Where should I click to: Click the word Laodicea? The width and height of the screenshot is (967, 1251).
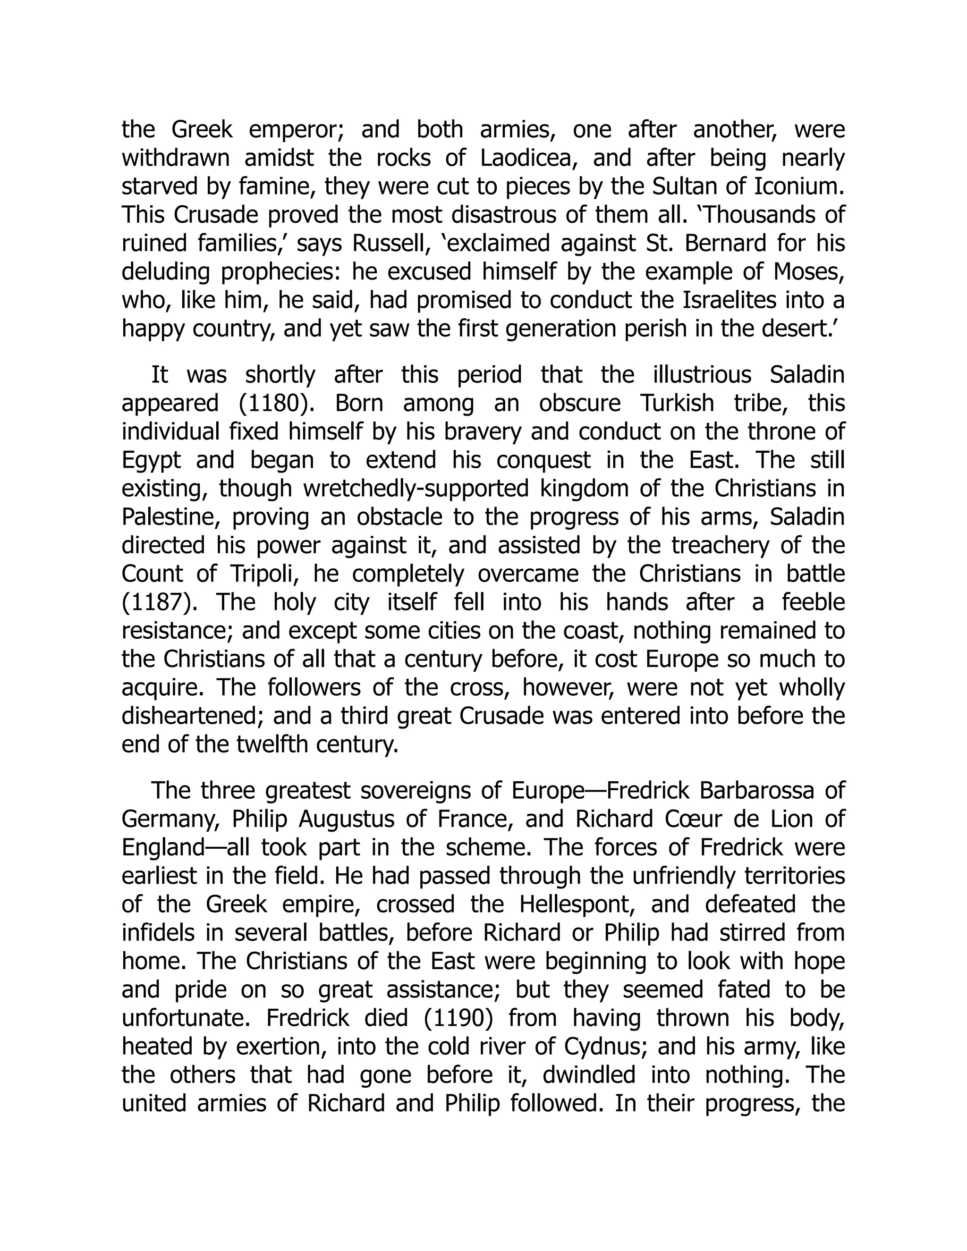coord(526,158)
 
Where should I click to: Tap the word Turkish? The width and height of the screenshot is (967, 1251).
coord(677,403)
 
